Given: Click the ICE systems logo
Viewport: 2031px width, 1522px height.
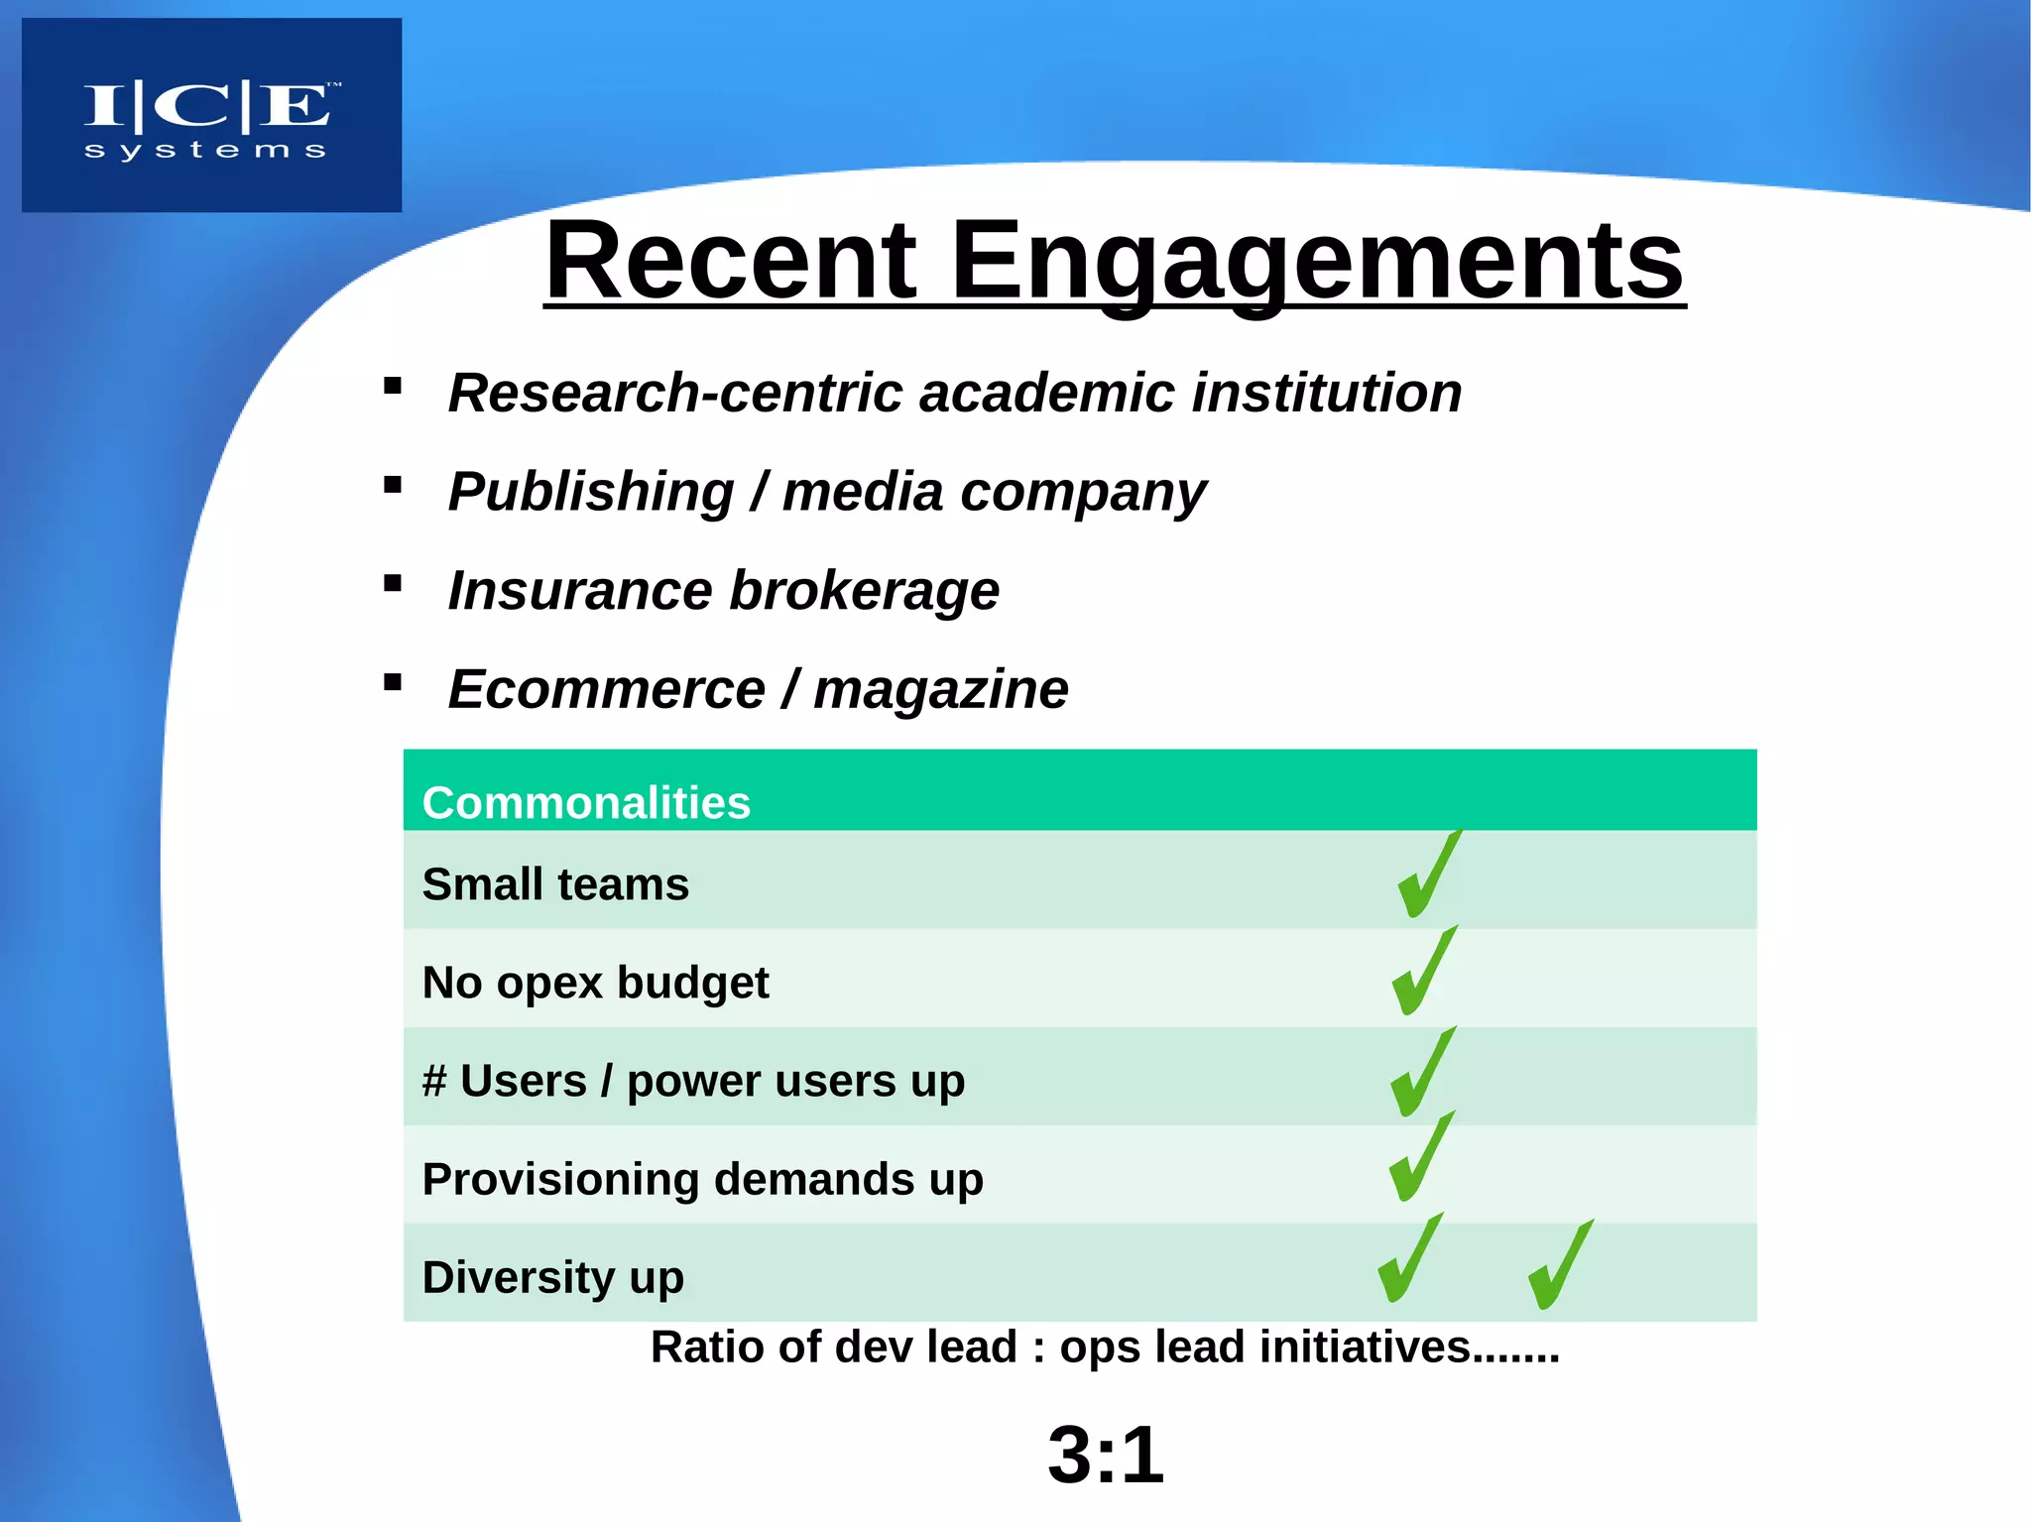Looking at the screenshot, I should tap(211, 116).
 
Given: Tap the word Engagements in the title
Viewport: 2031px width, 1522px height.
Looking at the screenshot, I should tap(1317, 263).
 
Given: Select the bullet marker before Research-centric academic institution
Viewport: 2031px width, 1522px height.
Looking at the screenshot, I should tap(393, 387).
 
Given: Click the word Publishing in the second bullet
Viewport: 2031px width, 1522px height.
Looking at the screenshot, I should tap(591, 492).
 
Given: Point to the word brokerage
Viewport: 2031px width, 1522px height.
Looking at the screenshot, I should tap(864, 591).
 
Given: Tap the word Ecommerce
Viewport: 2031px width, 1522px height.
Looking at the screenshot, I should tap(606, 689).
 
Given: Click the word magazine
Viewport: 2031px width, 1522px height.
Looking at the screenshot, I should tap(940, 690).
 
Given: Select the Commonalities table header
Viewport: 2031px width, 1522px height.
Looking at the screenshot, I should tap(586, 802).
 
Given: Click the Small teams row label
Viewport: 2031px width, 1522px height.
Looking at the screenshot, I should tap(555, 883).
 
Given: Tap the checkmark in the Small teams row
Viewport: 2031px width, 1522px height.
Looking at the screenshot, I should tap(1429, 875).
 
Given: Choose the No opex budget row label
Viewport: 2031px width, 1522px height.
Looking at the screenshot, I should tap(595, 983).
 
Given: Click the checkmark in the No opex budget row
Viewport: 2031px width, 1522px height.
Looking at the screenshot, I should tap(1424, 972).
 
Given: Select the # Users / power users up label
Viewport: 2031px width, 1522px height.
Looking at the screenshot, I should tap(693, 1081).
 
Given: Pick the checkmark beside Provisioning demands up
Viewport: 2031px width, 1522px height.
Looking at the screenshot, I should tap(1421, 1158).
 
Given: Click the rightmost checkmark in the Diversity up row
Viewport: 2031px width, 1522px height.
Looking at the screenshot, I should tap(1560, 1265).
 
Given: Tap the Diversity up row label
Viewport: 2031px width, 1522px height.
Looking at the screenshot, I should tap(552, 1277).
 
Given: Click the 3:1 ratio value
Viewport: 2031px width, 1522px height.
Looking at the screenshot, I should tap(1105, 1455).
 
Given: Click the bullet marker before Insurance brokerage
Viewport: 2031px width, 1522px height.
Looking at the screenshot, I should tap(393, 584).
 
